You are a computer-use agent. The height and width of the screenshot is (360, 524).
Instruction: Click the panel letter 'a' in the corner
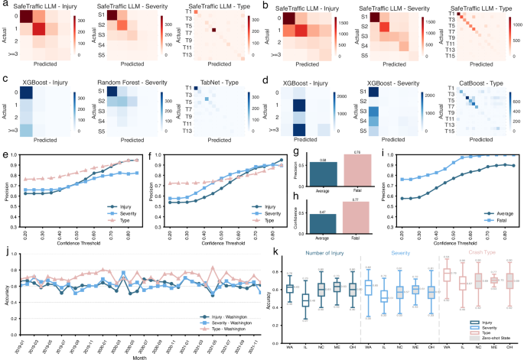4,4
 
